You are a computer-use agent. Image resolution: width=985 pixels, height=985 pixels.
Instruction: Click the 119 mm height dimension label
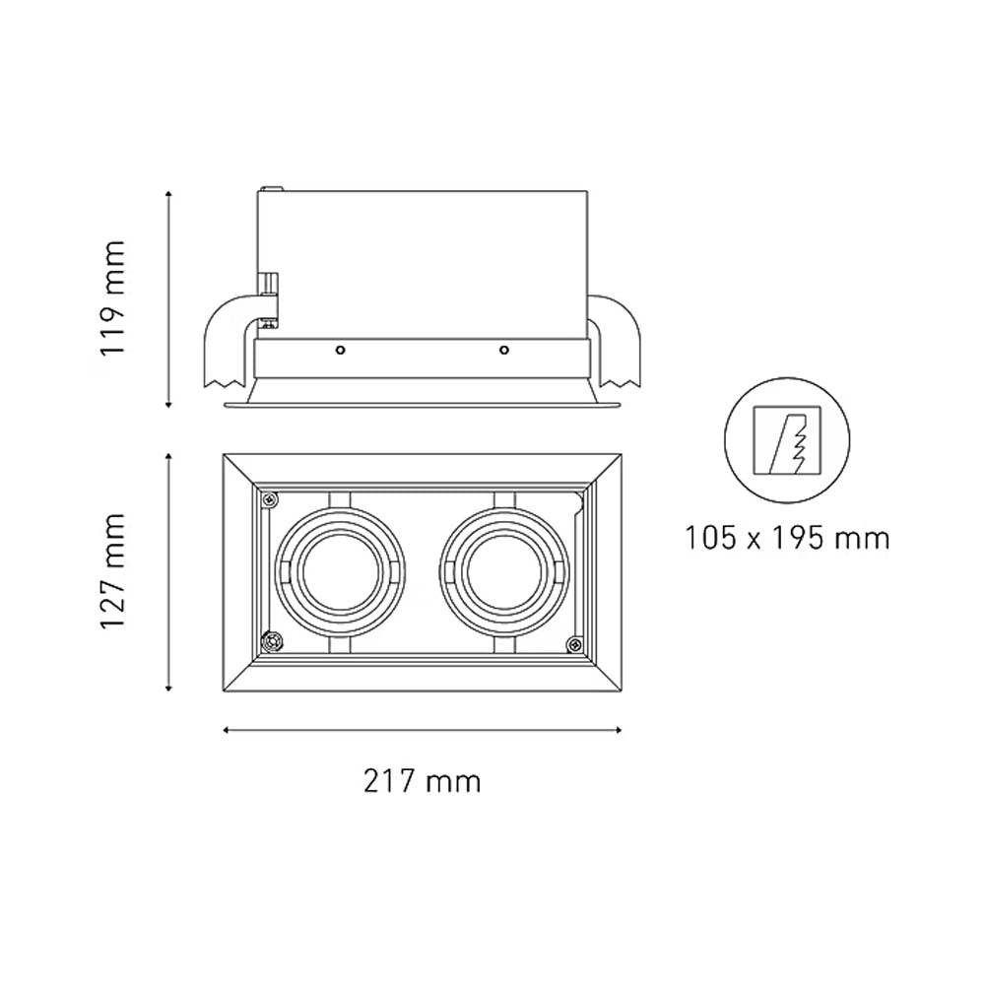(x=116, y=297)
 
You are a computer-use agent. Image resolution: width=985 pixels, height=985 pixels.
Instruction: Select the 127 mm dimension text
(x=116, y=571)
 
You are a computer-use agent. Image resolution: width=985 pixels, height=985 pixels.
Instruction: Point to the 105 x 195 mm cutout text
(x=787, y=538)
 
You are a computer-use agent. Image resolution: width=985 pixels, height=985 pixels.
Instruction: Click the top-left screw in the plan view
(x=268, y=498)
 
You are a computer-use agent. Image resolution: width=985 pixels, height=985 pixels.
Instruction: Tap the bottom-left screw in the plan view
(x=270, y=643)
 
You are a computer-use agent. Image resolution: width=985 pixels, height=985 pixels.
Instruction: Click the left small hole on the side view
(x=340, y=350)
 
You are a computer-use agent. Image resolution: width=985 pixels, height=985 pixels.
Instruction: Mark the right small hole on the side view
(x=503, y=350)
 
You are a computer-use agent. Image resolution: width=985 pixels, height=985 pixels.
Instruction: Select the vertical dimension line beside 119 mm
(x=169, y=297)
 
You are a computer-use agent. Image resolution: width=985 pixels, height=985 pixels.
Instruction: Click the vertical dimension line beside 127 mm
(x=169, y=571)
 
